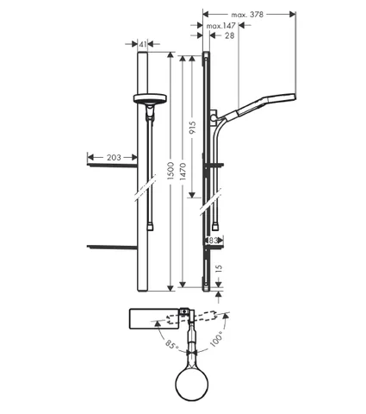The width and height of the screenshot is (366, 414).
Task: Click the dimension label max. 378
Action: tap(247, 15)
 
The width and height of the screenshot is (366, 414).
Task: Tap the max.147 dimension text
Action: tap(221, 26)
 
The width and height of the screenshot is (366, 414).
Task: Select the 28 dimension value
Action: tap(230, 35)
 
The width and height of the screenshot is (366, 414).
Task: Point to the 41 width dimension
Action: tap(143, 44)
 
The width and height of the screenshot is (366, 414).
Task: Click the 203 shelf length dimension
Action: tap(114, 157)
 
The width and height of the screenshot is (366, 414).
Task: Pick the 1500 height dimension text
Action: tap(171, 171)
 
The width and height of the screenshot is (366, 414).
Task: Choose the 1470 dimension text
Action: tap(183, 172)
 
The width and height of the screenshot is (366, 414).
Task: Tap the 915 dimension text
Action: tap(193, 128)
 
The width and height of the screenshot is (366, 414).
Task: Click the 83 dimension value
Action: tap(213, 241)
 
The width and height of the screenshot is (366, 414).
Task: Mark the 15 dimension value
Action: tap(219, 268)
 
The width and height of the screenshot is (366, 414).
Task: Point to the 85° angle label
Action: tap(172, 344)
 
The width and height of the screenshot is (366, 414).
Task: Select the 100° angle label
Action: tap(216, 339)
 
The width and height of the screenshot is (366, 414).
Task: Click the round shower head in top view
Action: tap(191, 384)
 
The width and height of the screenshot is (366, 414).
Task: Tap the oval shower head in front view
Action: tap(150, 98)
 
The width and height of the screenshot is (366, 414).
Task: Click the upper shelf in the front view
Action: tap(112, 166)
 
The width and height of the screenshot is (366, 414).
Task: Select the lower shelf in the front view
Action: tap(112, 247)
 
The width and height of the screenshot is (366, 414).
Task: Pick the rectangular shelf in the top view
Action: tap(154, 319)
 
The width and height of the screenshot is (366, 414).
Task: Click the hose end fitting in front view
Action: tap(150, 227)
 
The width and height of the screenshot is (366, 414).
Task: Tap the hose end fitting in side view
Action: tap(215, 226)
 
